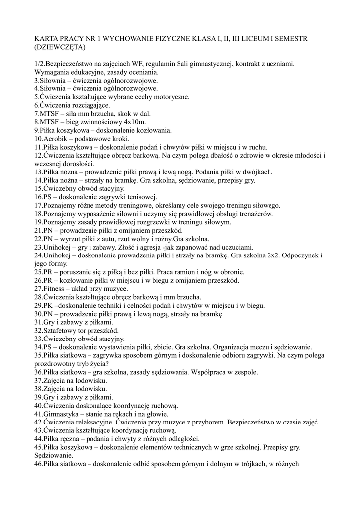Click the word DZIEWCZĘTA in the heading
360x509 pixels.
(x=60, y=48)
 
